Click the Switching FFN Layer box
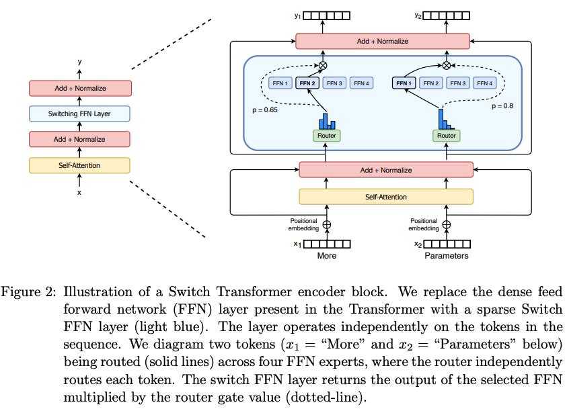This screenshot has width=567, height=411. (79, 113)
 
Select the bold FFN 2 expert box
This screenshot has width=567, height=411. (307, 83)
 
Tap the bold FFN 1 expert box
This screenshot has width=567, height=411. (404, 83)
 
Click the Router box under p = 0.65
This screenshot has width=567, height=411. (326, 136)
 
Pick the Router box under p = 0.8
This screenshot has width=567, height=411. (446, 136)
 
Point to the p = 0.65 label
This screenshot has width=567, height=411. (265, 109)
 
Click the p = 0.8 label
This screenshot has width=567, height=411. (502, 106)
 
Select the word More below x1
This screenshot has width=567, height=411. (326, 256)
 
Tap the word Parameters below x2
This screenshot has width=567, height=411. (446, 256)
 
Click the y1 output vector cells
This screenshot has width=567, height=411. (326, 15)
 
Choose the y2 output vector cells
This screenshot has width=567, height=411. (446, 15)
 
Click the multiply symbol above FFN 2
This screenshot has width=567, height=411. (323, 65)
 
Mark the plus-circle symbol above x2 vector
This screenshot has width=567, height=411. (447, 225)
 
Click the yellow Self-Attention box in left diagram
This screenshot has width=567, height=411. (79, 165)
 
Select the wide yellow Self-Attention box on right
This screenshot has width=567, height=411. (386, 197)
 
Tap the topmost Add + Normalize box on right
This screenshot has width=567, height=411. (383, 41)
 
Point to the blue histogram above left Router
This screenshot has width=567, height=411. (327, 122)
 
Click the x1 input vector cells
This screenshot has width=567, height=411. (327, 244)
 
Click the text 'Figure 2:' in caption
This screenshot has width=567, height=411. (28, 292)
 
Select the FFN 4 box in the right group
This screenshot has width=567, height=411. (484, 83)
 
